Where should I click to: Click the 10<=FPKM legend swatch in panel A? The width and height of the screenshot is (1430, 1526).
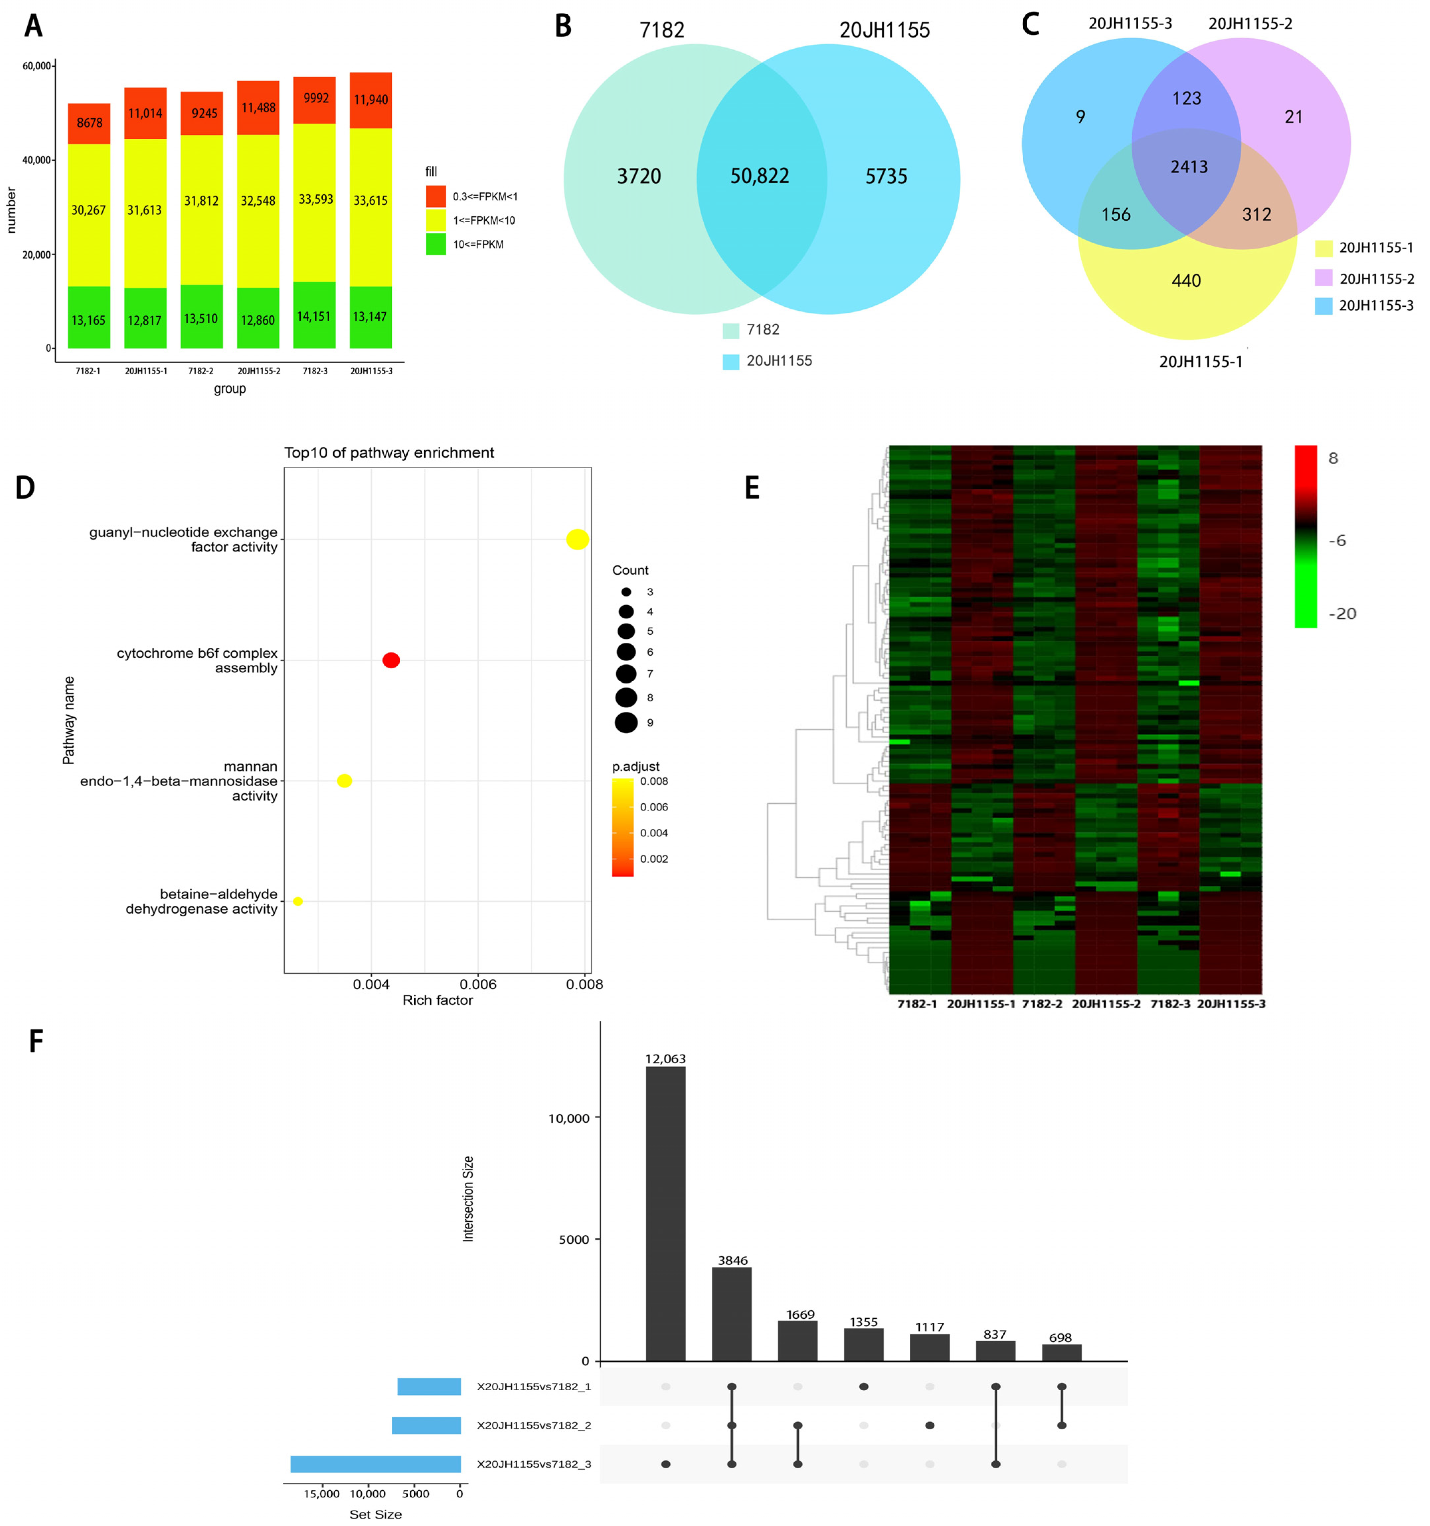click(x=436, y=244)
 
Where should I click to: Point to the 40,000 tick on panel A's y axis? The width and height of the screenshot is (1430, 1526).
click(x=37, y=160)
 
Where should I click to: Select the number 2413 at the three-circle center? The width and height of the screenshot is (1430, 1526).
click(x=1189, y=167)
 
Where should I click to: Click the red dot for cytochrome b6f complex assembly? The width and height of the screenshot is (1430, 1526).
click(x=391, y=660)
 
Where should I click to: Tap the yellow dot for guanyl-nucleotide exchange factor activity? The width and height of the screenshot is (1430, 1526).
click(x=577, y=540)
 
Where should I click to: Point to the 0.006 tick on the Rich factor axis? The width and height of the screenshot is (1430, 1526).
click(x=478, y=984)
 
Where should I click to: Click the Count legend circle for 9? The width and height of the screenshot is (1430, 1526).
click(x=626, y=722)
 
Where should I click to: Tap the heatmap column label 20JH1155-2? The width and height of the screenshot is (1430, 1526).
click(x=1106, y=1004)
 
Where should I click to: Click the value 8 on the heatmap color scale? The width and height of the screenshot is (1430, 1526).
click(x=1333, y=458)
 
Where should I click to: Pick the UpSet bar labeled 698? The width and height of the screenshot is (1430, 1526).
click(x=1061, y=1353)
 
